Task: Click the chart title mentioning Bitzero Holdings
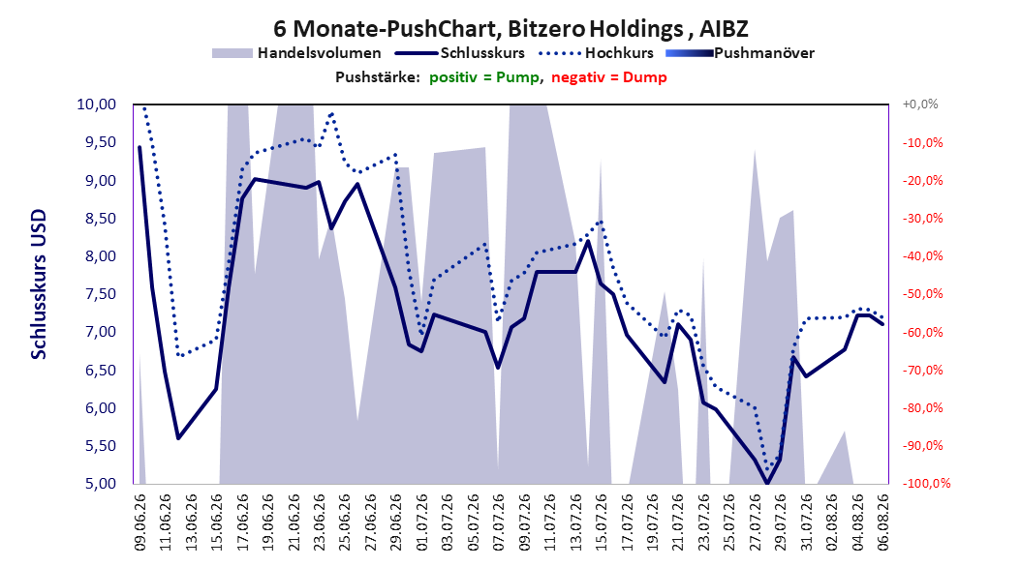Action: click(510, 29)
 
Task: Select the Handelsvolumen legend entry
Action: click(297, 53)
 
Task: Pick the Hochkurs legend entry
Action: click(596, 53)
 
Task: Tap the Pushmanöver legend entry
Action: click(740, 53)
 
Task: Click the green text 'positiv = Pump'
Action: click(483, 77)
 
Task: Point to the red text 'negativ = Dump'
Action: click(609, 77)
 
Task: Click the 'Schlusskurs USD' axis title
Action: click(39, 284)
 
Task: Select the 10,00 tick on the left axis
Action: click(96, 104)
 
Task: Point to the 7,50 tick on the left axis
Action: click(96, 294)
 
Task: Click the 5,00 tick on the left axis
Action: click(96, 484)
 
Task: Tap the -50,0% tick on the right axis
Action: click(922, 294)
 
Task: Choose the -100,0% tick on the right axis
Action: click(926, 484)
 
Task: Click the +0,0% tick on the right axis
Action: click(920, 104)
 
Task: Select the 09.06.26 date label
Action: click(140, 522)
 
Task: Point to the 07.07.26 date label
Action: click(499, 522)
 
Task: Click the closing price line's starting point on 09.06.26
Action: click(139, 147)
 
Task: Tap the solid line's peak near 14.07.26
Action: click(588, 241)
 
